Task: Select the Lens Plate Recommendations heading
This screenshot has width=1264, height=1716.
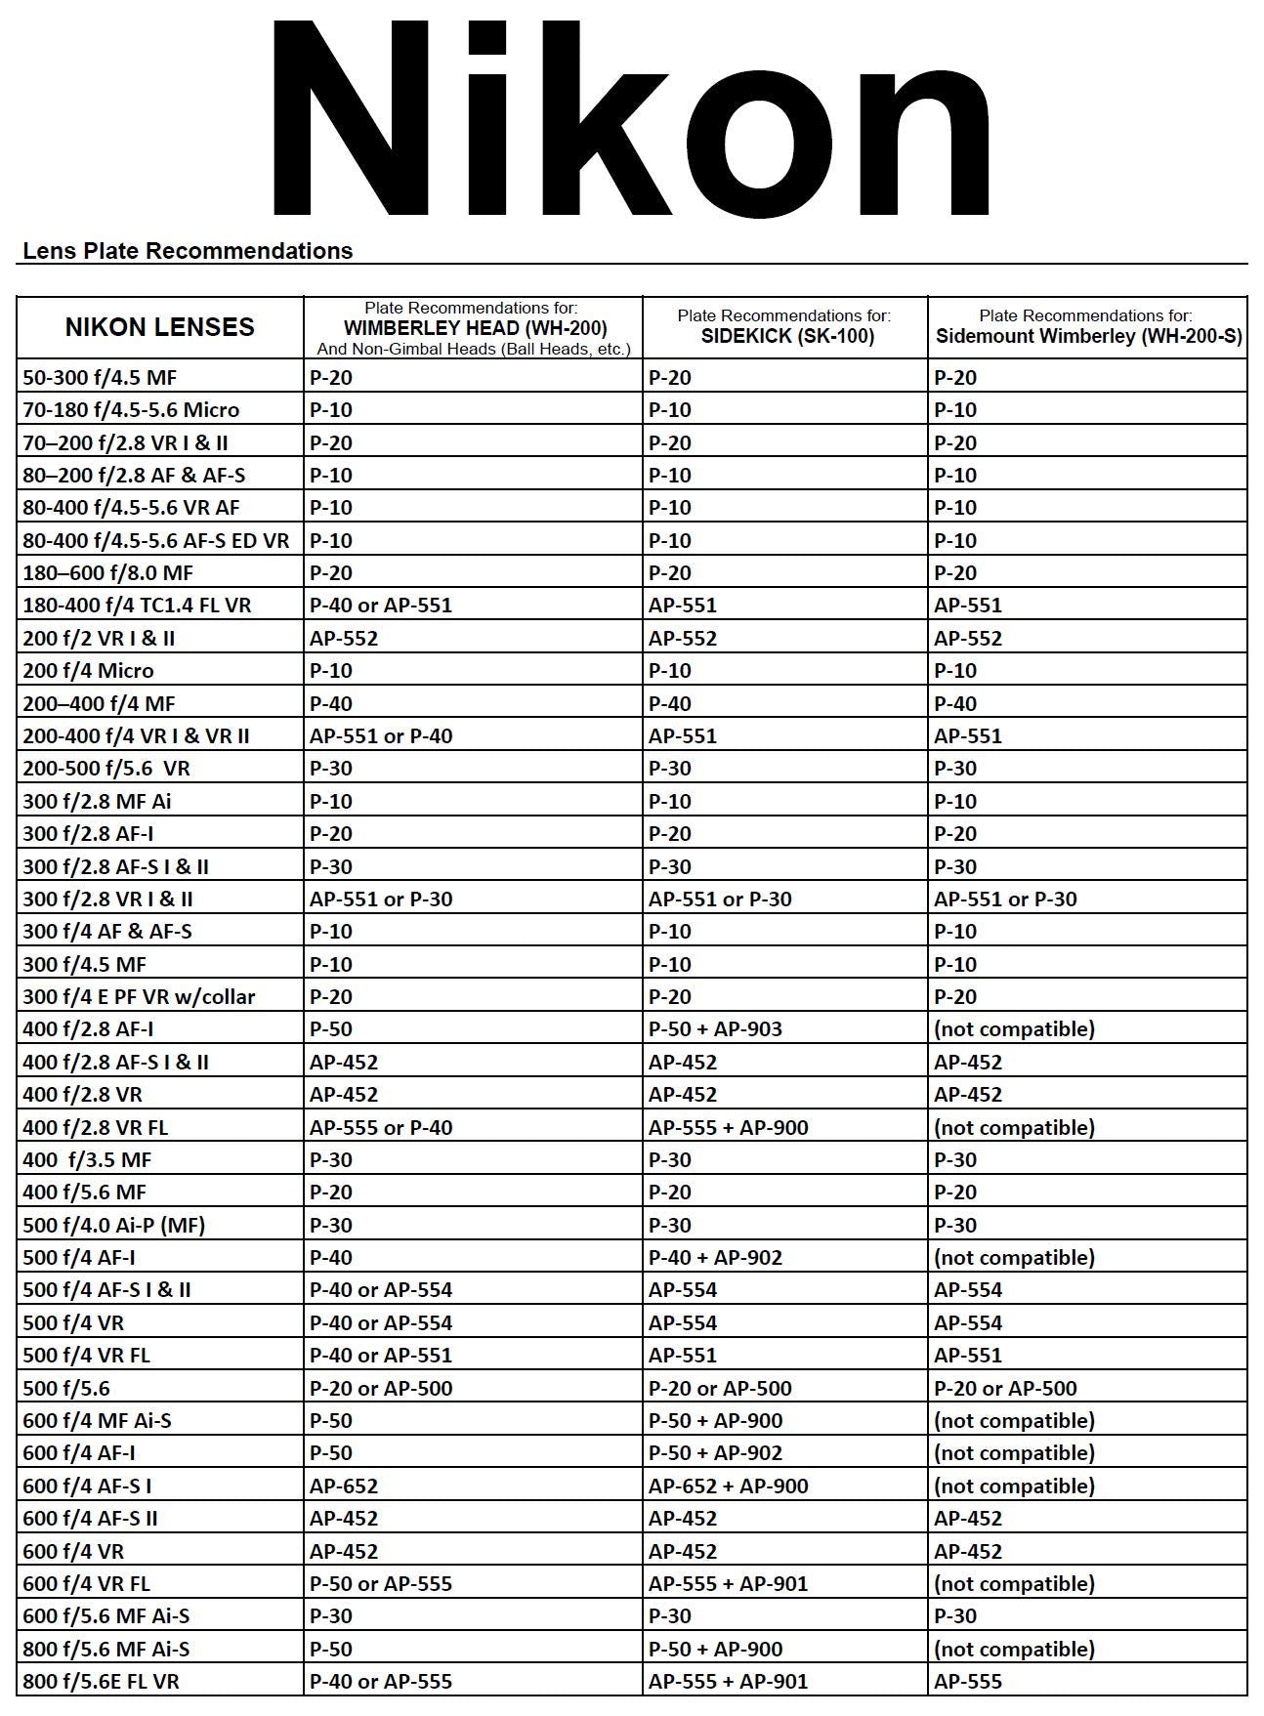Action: pos(188,251)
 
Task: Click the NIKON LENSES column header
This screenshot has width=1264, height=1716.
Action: pos(159,327)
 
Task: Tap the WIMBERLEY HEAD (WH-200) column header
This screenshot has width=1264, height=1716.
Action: pos(475,328)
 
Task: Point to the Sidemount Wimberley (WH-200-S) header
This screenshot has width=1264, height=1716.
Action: pos(1088,336)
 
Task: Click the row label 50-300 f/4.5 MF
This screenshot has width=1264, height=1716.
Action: pos(100,377)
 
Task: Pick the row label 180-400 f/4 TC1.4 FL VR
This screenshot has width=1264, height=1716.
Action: pos(137,606)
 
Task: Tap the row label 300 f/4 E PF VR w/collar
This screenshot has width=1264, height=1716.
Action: pos(139,996)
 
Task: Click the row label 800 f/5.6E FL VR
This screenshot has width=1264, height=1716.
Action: pos(101,1681)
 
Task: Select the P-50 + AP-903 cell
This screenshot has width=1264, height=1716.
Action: pos(715,1028)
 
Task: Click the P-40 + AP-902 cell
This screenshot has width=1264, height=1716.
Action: pos(715,1257)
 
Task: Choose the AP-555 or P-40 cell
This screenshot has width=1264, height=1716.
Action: pos(381,1127)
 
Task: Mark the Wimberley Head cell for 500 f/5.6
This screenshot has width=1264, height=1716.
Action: pos(381,1388)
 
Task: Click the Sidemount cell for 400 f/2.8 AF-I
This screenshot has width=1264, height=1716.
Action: pos(1014,1028)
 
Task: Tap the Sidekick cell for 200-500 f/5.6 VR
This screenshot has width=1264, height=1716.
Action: pos(669,768)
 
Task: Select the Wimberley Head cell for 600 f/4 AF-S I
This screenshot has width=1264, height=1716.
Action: pos(344,1486)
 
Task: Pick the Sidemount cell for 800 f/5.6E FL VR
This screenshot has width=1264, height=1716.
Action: pos(968,1681)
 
